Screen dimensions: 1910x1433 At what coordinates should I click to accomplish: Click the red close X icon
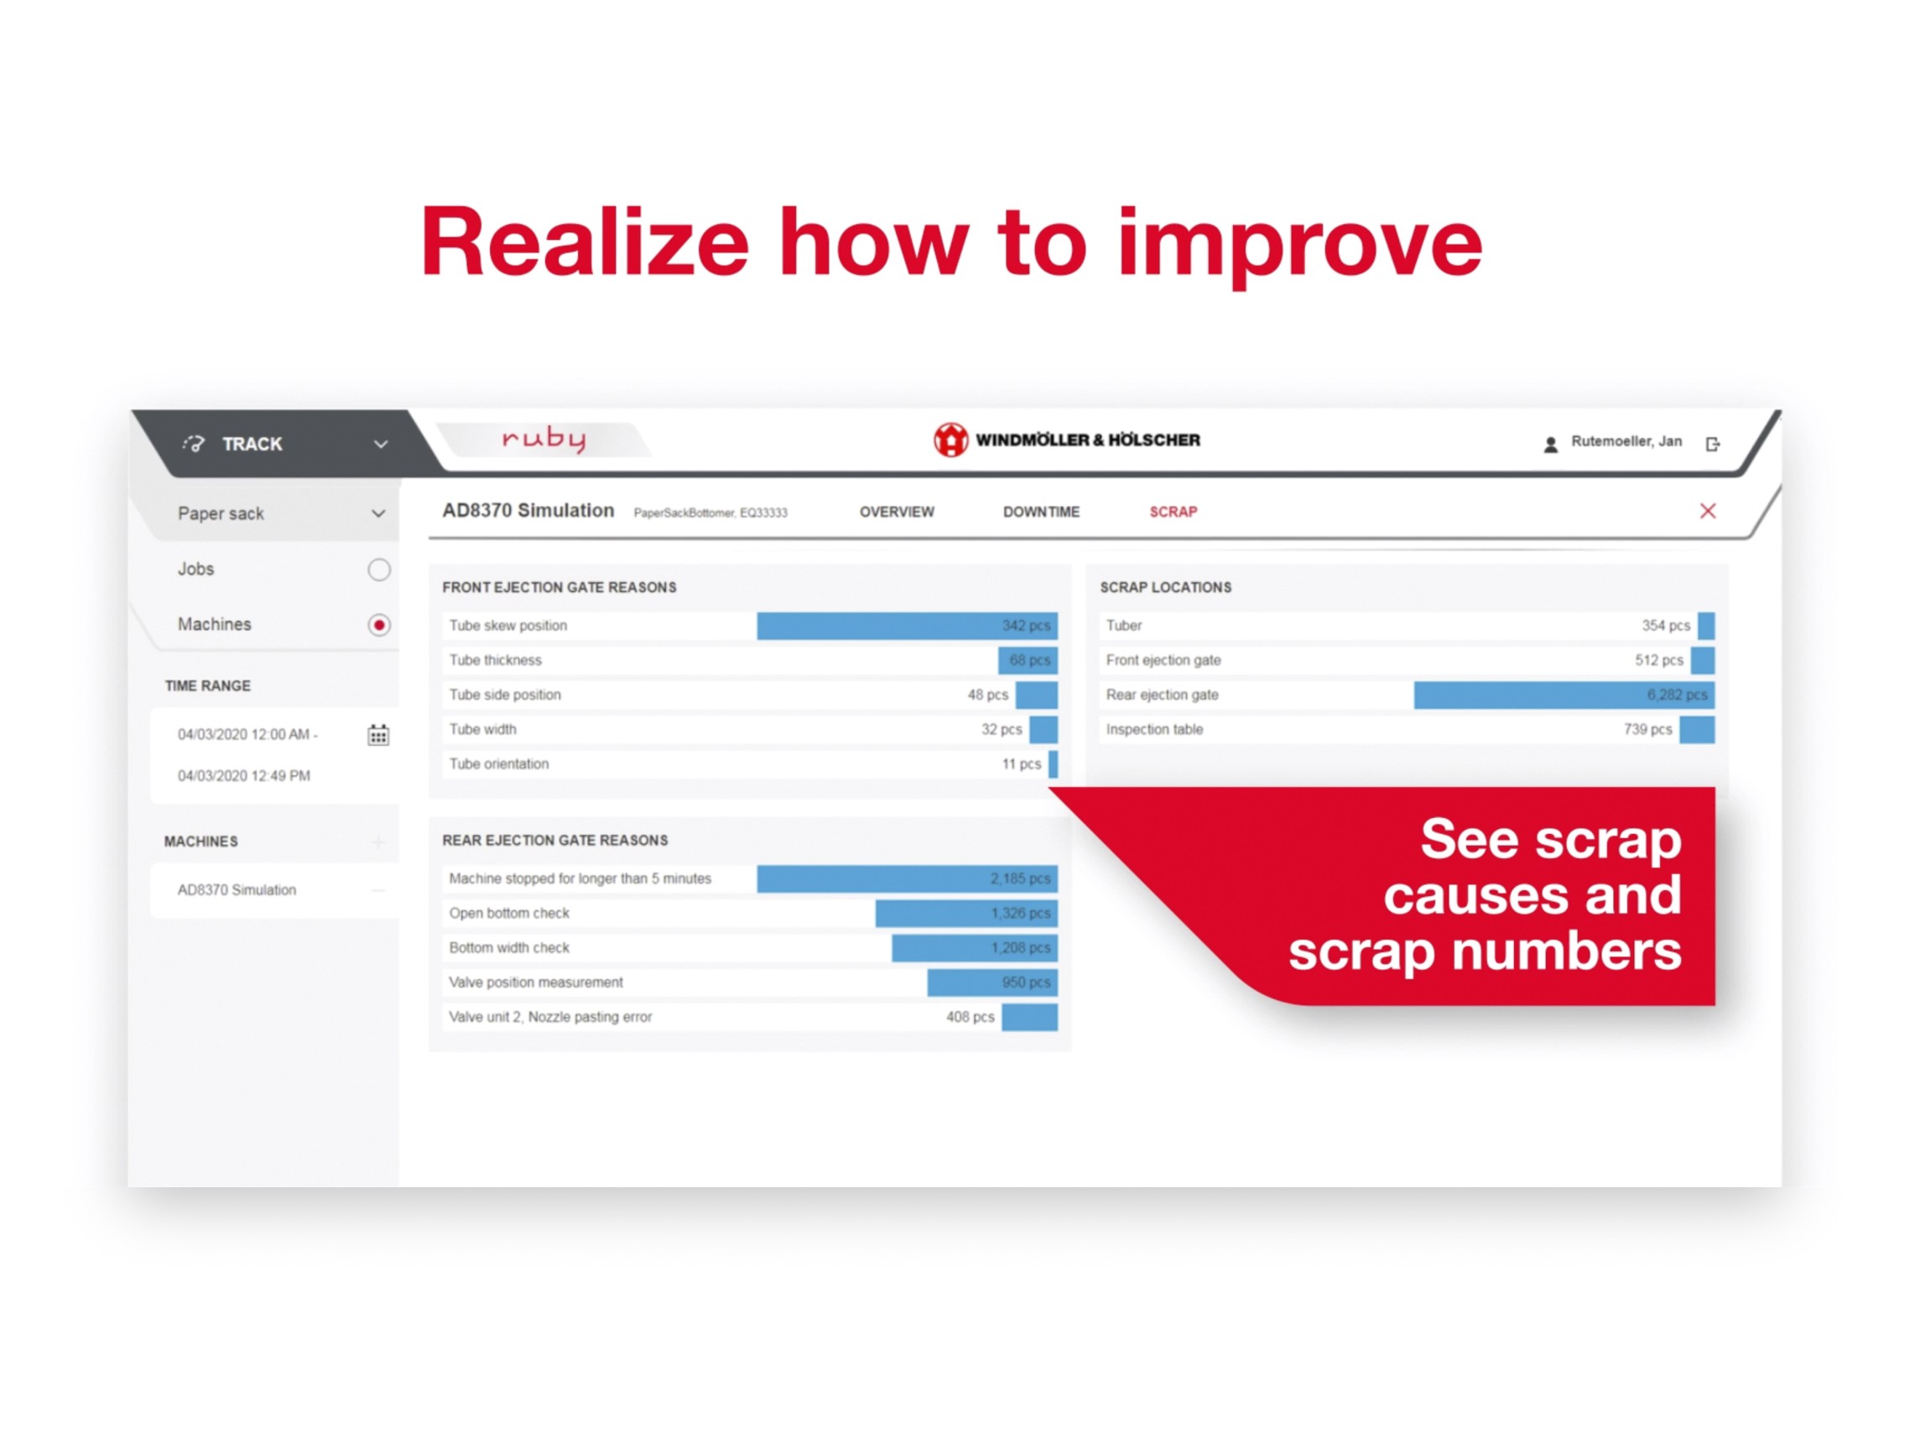click(1707, 510)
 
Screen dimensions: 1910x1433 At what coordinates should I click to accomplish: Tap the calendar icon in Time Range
click(378, 735)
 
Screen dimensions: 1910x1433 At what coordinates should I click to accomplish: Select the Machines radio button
click(378, 624)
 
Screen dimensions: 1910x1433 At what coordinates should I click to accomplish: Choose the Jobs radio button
click(378, 569)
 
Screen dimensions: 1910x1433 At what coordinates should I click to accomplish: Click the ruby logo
click(544, 439)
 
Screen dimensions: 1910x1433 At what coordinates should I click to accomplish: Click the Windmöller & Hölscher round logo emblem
click(950, 440)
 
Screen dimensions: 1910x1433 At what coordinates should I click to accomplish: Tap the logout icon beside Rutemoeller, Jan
click(1712, 443)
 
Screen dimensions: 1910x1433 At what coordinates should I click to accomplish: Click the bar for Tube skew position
click(907, 625)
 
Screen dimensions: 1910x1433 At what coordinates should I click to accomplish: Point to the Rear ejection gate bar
click(1564, 695)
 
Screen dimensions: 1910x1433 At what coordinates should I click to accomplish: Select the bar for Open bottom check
click(966, 913)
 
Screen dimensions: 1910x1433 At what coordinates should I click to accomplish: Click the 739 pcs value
click(1647, 729)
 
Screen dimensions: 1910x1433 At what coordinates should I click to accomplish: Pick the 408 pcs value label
click(970, 1017)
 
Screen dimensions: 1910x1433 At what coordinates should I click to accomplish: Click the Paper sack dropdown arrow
click(378, 513)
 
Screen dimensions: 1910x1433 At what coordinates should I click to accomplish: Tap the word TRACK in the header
click(252, 444)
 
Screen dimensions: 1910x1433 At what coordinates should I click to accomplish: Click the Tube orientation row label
click(498, 763)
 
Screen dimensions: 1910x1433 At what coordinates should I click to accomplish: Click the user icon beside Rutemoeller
click(1551, 444)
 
